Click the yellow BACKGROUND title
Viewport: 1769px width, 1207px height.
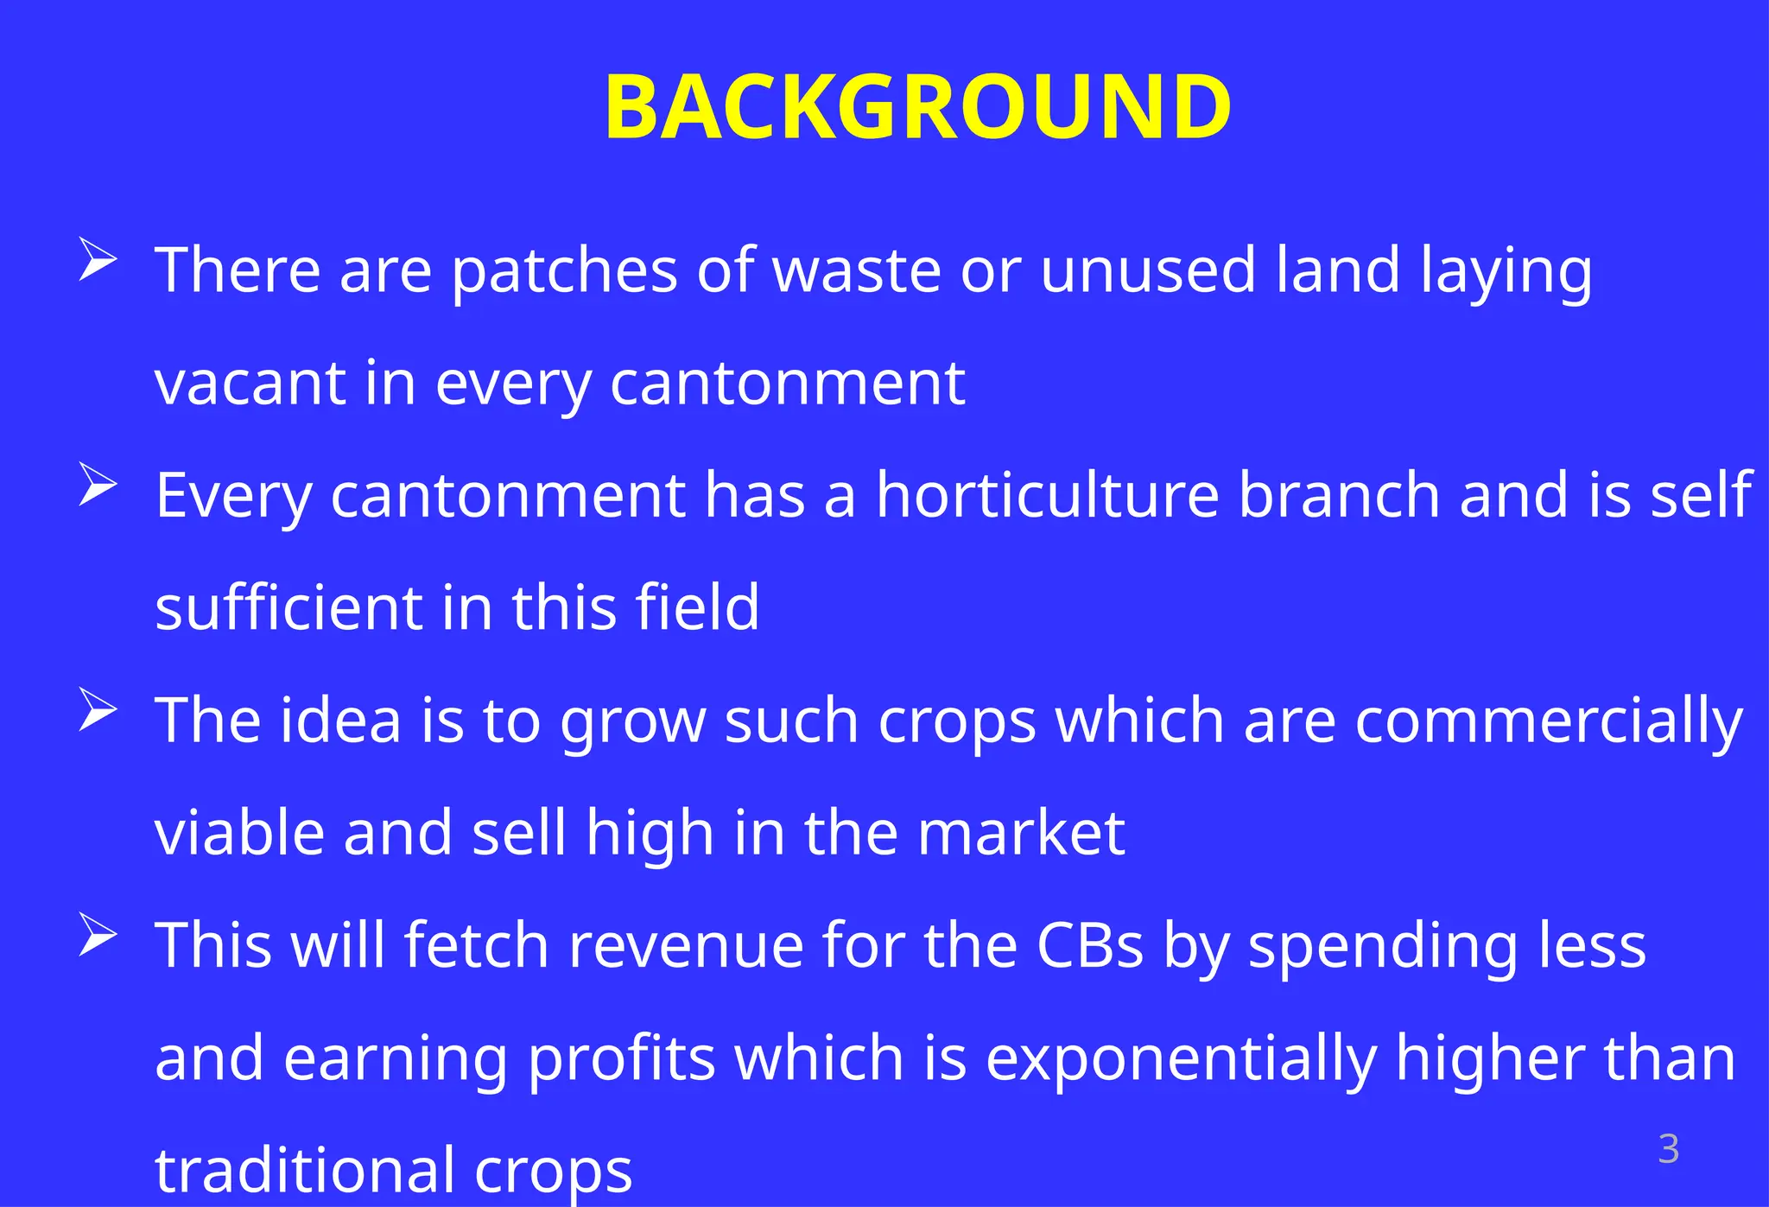[x=917, y=107]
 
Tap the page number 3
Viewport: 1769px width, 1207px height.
[x=1668, y=1150]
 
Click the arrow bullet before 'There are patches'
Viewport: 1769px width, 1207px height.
[x=97, y=259]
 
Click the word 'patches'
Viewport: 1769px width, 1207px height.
[x=564, y=271]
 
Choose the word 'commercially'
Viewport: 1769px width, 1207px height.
[x=1548, y=722]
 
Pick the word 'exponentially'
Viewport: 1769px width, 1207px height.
[x=1181, y=1059]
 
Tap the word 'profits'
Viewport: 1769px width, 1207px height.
[x=621, y=1059]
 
